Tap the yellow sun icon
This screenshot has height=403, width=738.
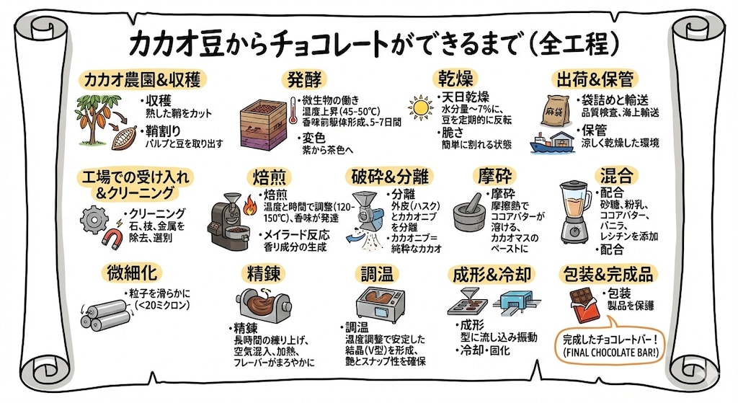pyautogui.click(x=419, y=109)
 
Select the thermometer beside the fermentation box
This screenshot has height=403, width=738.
pyautogui.click(x=293, y=115)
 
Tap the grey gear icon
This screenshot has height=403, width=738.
pyautogui.click(x=94, y=217)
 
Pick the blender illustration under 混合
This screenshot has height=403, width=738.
pyautogui.click(x=575, y=209)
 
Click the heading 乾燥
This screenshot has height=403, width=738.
pyautogui.click(x=454, y=79)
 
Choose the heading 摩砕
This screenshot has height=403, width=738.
pyautogui.click(x=495, y=175)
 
